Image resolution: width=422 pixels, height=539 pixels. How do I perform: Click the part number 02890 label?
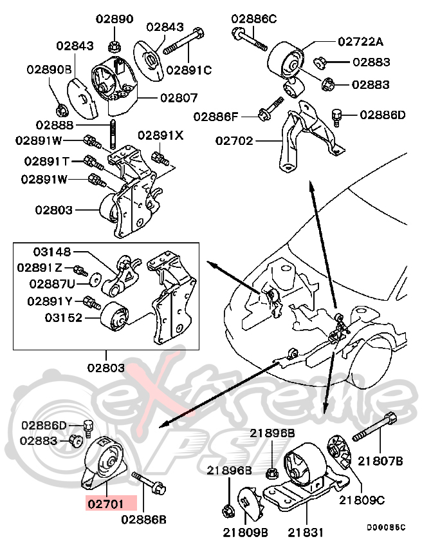coord(114,19)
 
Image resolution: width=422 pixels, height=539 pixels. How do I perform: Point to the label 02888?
coord(55,124)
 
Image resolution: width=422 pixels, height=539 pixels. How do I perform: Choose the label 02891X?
coord(161,135)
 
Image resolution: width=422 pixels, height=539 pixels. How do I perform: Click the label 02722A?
coord(360,42)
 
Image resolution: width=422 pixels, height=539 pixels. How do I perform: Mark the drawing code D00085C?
coord(386,527)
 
